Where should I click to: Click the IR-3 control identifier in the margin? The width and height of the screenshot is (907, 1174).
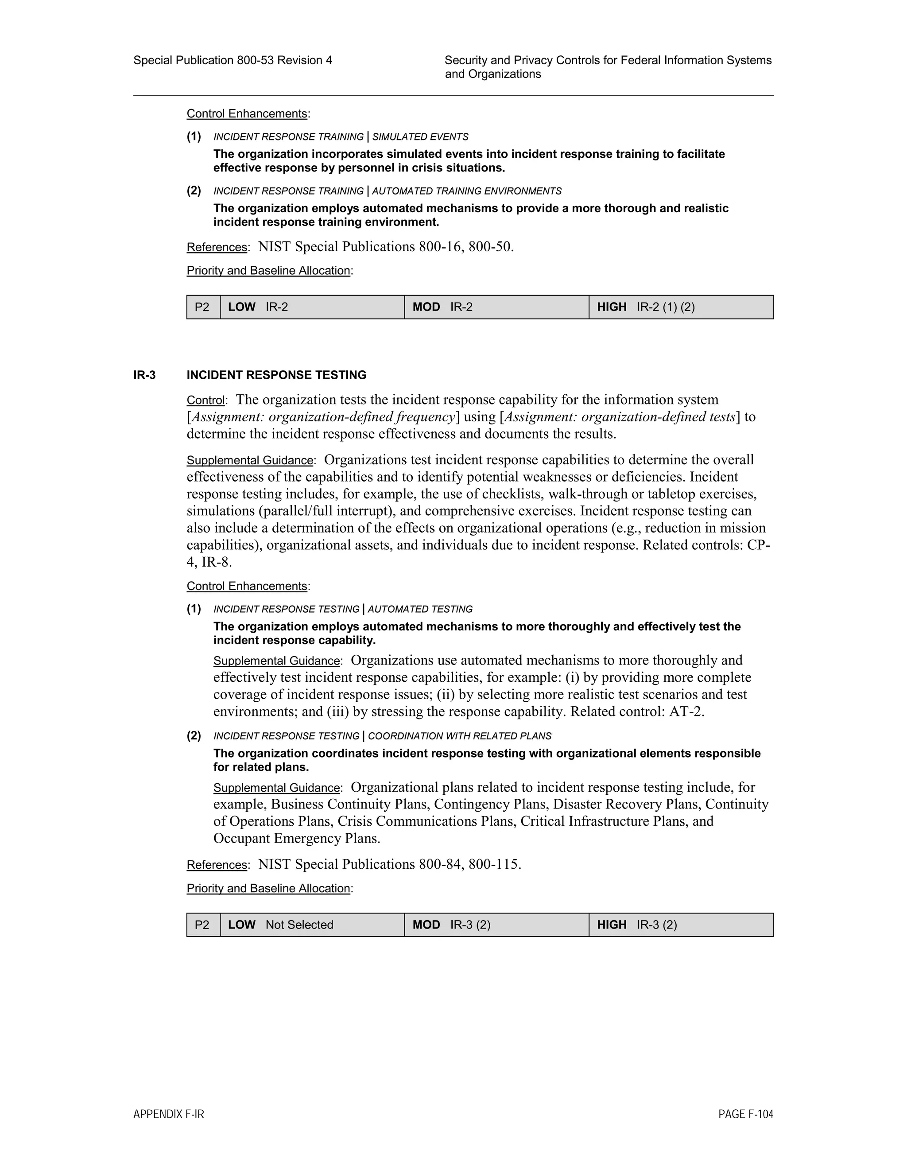coord(144,375)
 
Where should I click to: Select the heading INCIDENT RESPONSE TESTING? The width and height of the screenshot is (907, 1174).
coord(276,375)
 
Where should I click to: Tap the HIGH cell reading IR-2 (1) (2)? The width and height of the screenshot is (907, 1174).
coord(681,307)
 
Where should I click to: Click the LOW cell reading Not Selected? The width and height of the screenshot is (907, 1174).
coord(312,925)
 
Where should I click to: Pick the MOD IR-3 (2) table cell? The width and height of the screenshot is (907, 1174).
coord(496,925)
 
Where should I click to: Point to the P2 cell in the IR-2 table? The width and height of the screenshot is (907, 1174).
coord(202,307)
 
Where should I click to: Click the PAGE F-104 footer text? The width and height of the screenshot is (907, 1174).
coord(745,1114)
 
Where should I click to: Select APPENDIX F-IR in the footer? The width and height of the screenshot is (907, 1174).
coord(169,1114)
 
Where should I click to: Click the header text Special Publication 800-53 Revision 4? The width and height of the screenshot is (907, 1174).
coord(233,60)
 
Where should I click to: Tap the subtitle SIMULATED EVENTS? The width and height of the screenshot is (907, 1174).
coord(420,137)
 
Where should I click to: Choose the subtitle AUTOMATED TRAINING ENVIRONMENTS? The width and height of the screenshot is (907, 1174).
coord(466,191)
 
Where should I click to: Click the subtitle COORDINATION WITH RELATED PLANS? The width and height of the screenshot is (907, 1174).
coord(459,736)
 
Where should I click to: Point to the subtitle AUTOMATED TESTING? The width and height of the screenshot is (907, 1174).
coord(420,609)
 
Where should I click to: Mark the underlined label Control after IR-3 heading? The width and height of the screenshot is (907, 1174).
coord(205,400)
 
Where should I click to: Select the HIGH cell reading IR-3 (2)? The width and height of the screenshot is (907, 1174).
coord(681,925)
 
